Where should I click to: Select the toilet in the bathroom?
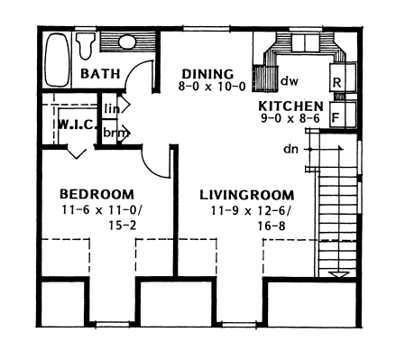[x=86, y=43]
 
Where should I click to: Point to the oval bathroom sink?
[x=127, y=42]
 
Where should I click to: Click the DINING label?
[x=207, y=74]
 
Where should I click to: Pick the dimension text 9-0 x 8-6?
[x=284, y=118]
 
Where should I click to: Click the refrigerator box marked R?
[x=336, y=82]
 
